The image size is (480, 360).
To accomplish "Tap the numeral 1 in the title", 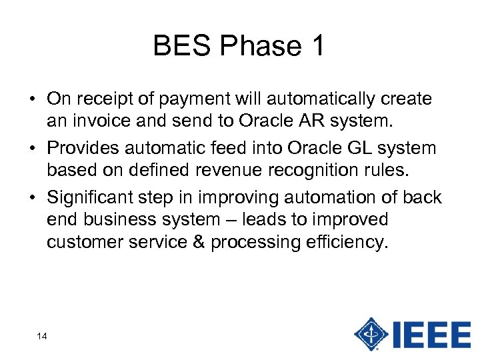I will (316, 46).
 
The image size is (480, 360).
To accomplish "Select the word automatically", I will (315, 99).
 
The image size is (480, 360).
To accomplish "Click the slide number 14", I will (42, 336).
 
